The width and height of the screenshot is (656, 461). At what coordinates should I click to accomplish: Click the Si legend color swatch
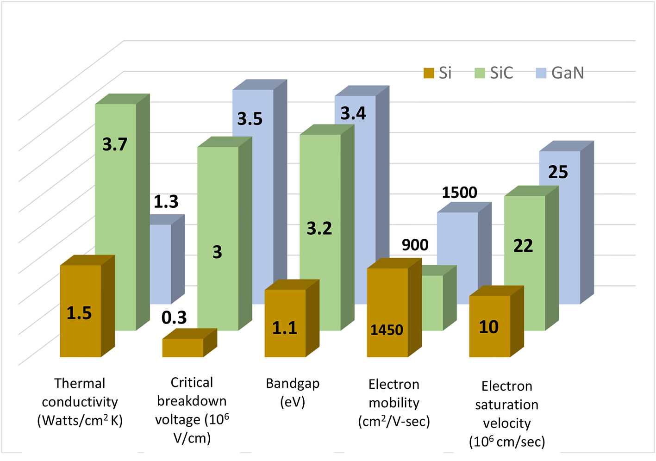(x=429, y=73)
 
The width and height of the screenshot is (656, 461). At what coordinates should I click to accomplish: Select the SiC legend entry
(x=501, y=73)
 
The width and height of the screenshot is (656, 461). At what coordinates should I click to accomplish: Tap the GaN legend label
(x=568, y=73)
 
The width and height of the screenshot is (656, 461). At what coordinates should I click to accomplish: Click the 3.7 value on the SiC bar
(x=115, y=144)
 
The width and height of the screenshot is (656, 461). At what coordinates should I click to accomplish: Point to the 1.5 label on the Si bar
(x=79, y=313)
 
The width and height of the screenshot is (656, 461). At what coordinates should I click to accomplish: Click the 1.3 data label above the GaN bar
(x=166, y=202)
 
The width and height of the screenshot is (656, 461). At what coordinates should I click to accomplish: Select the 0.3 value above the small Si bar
(x=174, y=318)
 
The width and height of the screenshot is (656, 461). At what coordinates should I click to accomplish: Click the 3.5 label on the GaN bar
(x=250, y=119)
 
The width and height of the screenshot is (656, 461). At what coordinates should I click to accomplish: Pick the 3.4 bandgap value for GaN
(x=353, y=113)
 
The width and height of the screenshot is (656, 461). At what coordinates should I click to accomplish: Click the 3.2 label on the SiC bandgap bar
(x=319, y=228)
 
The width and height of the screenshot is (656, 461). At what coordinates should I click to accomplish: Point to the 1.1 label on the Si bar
(x=284, y=328)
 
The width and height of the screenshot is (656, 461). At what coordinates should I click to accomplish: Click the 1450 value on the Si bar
(x=387, y=330)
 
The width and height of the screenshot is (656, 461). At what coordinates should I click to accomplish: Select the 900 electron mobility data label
(x=415, y=245)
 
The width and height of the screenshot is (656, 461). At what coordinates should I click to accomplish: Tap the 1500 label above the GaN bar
(x=459, y=193)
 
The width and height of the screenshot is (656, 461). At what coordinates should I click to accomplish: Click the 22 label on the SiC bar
(x=523, y=246)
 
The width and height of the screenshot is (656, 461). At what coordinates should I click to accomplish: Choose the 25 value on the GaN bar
(x=558, y=172)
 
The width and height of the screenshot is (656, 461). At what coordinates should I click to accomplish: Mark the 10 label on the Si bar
(x=488, y=327)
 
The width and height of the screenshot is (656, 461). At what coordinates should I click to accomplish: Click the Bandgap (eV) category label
(x=293, y=392)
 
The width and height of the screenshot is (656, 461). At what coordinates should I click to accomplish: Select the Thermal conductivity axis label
(x=80, y=402)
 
